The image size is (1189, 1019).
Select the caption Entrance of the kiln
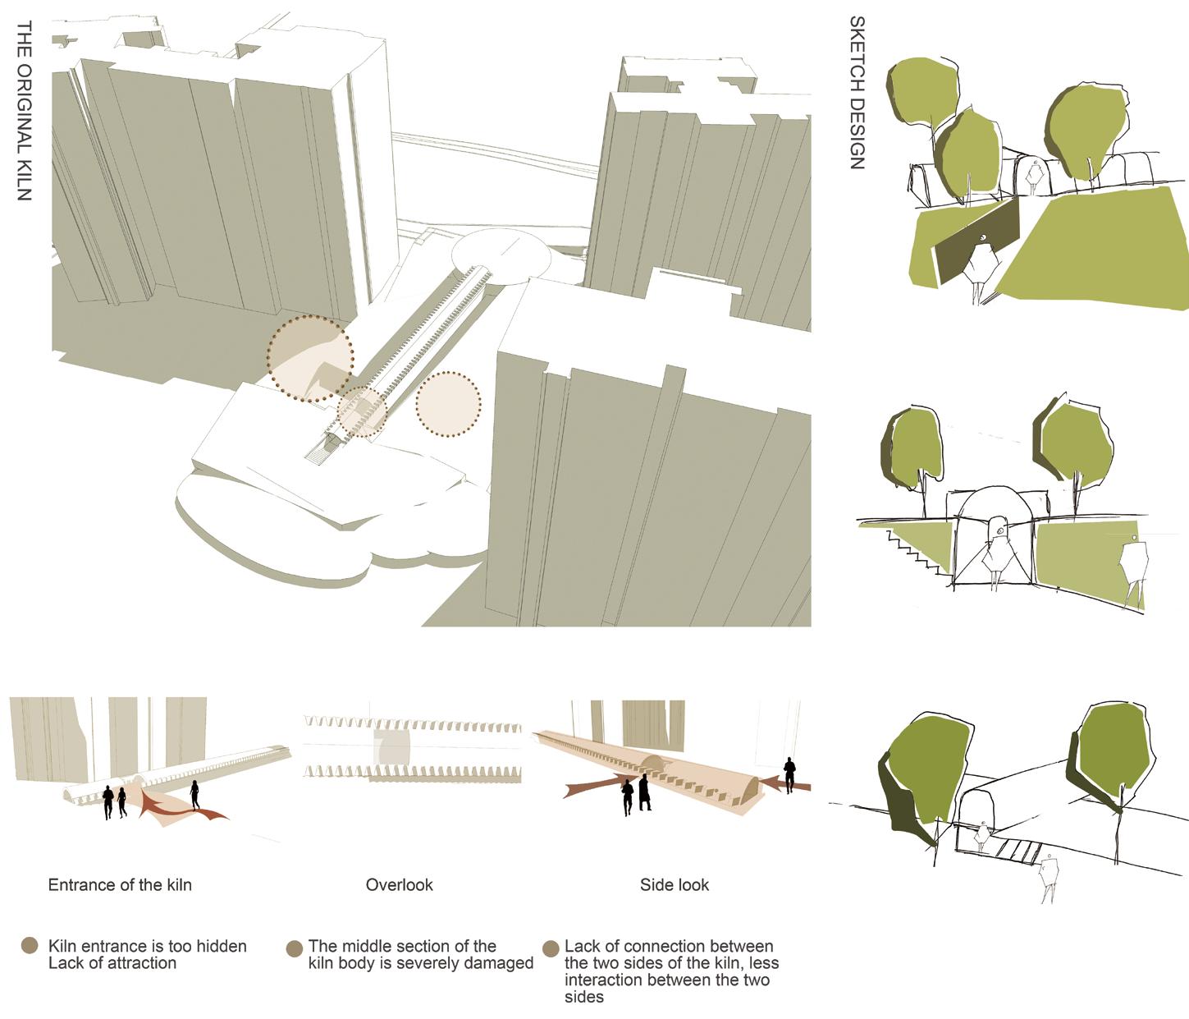coord(120,884)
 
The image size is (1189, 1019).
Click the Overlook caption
coord(399,884)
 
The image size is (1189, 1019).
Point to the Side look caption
coord(675,884)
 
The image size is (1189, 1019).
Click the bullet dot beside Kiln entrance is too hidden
coord(30,945)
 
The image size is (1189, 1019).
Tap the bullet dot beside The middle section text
coord(294,948)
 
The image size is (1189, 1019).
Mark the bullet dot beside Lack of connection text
coord(551,948)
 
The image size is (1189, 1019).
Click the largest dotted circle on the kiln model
coord(310,358)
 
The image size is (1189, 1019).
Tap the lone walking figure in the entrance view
coord(194,795)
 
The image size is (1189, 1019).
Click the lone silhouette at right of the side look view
coord(789,775)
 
